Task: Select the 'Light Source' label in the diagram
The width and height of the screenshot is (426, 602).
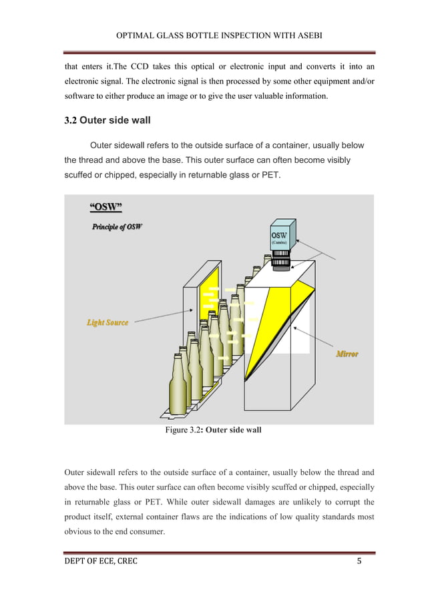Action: [107, 323]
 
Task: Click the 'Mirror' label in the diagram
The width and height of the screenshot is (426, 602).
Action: [347, 353]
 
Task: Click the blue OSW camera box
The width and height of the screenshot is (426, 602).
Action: [279, 239]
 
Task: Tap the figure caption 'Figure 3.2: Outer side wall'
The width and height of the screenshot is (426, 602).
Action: [213, 430]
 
